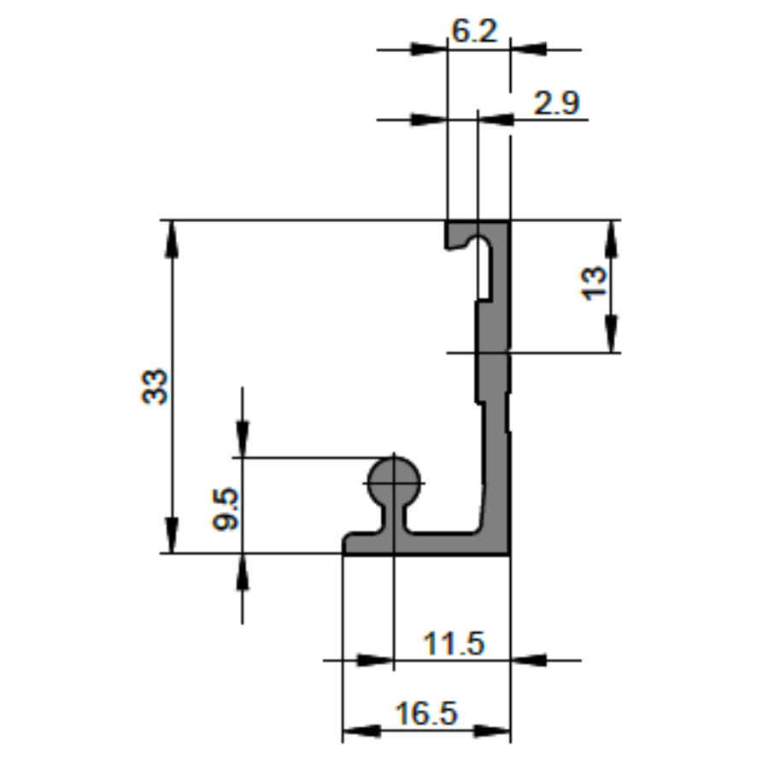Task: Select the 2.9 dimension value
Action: (556, 103)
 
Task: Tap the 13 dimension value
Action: (595, 282)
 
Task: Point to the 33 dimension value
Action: (156, 387)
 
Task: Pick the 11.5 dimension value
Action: (454, 643)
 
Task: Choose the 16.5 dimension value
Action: (426, 713)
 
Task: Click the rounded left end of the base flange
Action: (349, 543)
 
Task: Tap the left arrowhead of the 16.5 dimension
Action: (359, 731)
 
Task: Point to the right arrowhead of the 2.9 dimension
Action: (496, 119)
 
